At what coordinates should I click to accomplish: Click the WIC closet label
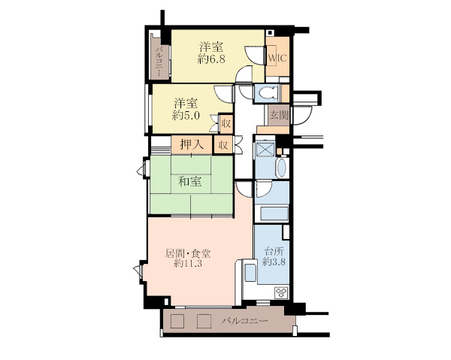(277, 58)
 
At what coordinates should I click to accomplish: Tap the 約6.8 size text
(211, 59)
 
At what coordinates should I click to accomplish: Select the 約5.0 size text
(186, 116)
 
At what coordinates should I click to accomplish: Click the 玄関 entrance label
(279, 115)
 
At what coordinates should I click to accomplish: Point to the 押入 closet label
(192, 144)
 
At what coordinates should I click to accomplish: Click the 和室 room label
(189, 181)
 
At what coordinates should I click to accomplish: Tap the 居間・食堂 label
(188, 253)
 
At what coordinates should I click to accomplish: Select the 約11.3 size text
(188, 263)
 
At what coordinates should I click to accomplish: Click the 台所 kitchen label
(274, 252)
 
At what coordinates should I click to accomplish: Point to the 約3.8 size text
(274, 262)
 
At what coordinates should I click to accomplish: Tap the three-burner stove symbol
(281, 292)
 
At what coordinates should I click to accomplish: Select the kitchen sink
(250, 272)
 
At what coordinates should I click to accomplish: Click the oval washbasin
(281, 168)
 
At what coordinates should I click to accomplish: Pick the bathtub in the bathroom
(272, 213)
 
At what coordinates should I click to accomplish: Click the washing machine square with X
(265, 149)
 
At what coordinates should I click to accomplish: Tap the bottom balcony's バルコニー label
(244, 320)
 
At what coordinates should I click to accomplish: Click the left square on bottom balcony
(177, 321)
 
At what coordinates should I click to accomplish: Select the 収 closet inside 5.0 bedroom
(225, 124)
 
